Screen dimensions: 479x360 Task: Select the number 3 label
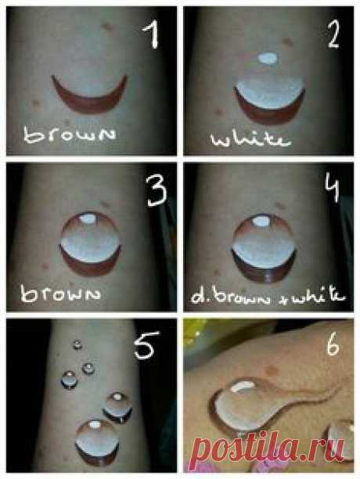click(155, 189)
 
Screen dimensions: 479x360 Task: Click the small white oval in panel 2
click(268, 58)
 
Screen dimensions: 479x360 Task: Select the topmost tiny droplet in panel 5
click(77, 344)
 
